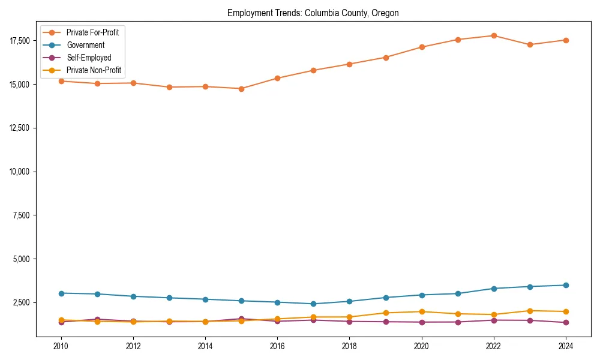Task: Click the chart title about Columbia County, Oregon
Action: point(313,13)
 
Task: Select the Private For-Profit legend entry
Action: point(92,32)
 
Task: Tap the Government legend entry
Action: point(85,45)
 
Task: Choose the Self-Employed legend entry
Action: point(88,58)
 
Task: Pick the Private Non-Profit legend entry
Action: point(94,70)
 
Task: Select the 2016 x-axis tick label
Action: point(277,346)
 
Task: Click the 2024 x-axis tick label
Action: point(566,346)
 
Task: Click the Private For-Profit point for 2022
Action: point(494,35)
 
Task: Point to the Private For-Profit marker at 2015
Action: point(241,89)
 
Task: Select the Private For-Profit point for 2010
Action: point(61,81)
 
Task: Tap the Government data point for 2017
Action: point(313,304)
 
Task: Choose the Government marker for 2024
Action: point(566,285)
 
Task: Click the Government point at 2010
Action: point(61,293)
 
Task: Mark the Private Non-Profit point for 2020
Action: point(422,311)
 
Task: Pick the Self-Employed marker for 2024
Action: point(566,323)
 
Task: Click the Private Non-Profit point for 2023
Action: point(530,311)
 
